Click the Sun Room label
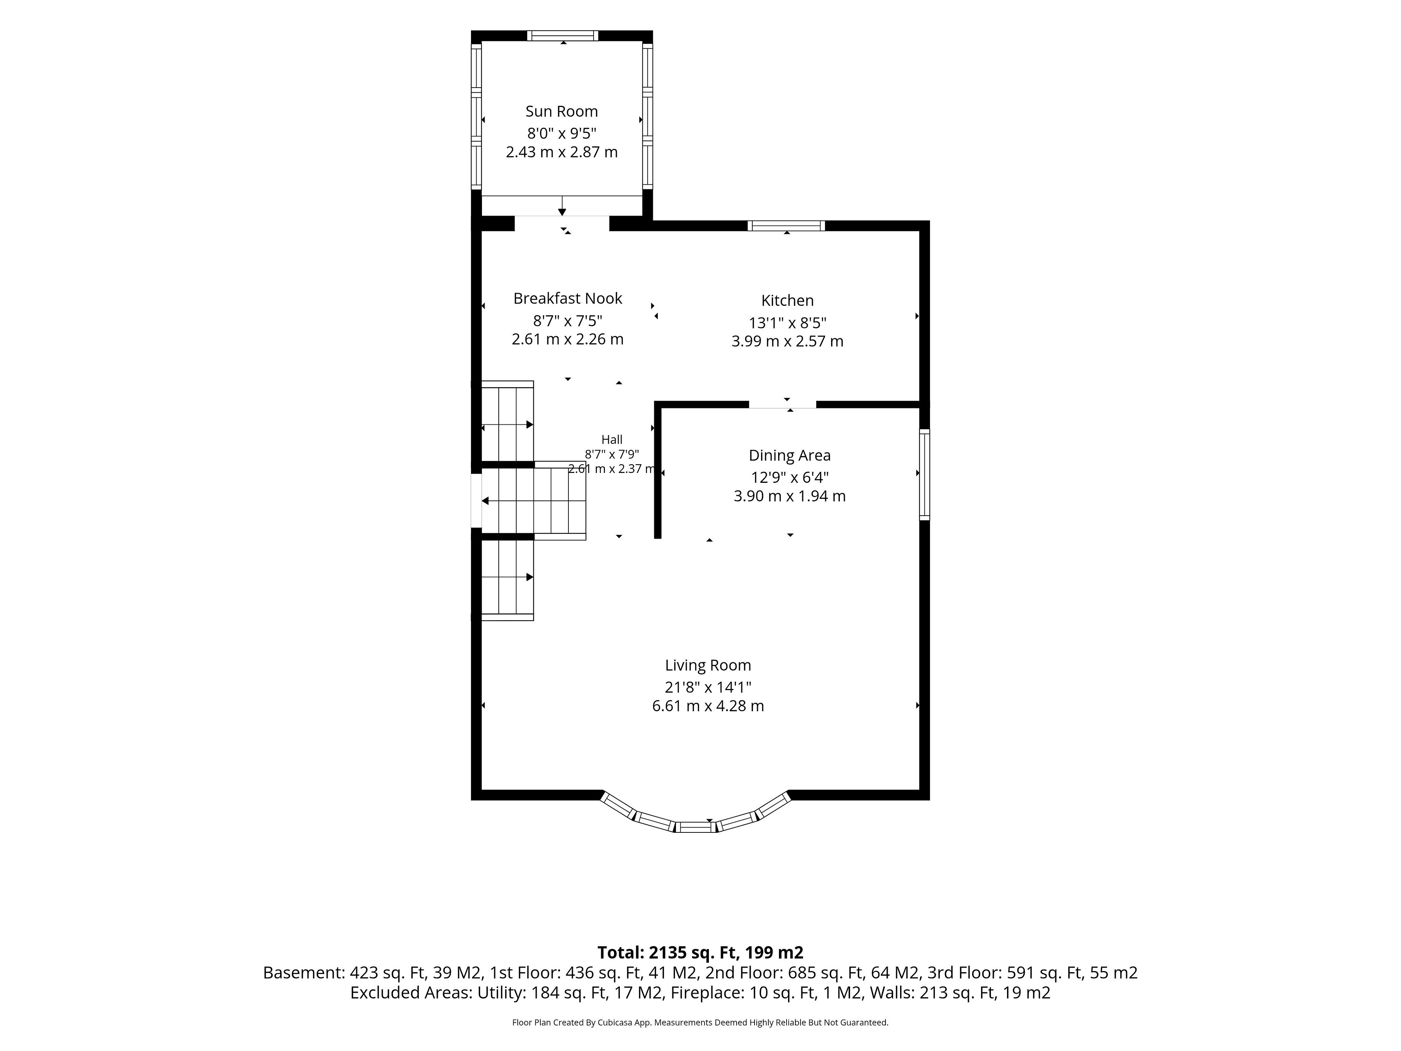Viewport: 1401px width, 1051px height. click(561, 112)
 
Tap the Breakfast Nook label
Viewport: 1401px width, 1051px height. click(567, 299)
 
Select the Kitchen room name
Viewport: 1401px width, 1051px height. click(787, 300)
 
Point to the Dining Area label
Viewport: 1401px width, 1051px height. click(789, 455)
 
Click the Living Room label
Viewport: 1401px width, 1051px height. click(707, 665)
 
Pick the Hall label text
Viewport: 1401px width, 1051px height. click(612, 440)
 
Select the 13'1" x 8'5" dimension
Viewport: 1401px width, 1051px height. click(787, 323)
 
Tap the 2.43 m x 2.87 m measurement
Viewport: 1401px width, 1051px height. click(561, 152)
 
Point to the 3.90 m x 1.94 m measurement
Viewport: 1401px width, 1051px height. click(789, 496)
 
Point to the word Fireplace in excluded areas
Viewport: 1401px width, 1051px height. click(707, 993)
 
